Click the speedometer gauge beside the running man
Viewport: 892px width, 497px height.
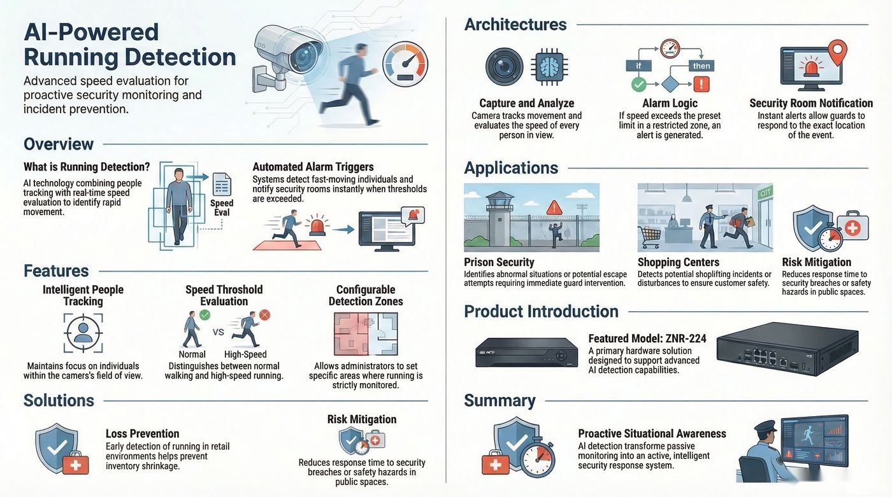(x=405, y=64)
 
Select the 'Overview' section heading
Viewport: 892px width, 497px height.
(x=59, y=144)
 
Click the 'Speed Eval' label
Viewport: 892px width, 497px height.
(x=222, y=207)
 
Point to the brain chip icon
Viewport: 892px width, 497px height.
(x=549, y=66)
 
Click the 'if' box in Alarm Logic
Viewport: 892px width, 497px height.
(x=638, y=66)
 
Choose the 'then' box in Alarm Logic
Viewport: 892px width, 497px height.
(x=701, y=66)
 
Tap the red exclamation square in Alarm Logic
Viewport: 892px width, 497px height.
(x=701, y=84)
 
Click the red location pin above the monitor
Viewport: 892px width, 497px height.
(x=837, y=52)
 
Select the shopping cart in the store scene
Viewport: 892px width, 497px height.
(x=649, y=237)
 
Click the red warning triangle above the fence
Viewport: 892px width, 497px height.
(x=554, y=207)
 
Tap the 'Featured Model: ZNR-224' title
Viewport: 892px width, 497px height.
(x=647, y=339)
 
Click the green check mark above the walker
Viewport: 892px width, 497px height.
(x=205, y=315)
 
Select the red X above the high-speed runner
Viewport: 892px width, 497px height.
(x=264, y=315)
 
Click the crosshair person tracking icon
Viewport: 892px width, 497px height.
(x=83, y=333)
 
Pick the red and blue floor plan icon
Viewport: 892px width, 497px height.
(x=366, y=334)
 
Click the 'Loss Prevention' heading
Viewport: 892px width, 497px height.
(x=142, y=433)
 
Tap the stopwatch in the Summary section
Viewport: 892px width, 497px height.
(x=538, y=458)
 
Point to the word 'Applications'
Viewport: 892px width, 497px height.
(x=511, y=168)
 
